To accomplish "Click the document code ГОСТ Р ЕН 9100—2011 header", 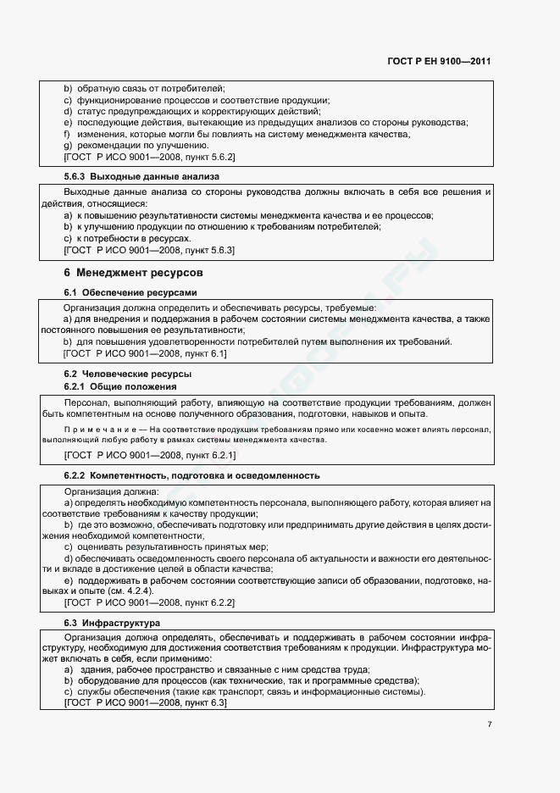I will [x=440, y=62].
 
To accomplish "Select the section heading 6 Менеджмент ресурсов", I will [x=133, y=273].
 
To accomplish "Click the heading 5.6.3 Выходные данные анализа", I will [x=141, y=177].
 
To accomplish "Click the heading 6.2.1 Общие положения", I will [x=120, y=386].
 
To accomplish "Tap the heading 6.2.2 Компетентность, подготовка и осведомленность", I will [x=191, y=476].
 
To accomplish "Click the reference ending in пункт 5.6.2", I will [x=149, y=158].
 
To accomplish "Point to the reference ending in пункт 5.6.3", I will [x=149, y=251].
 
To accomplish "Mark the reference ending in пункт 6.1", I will [x=145, y=353].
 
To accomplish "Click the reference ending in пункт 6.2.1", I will [x=149, y=455].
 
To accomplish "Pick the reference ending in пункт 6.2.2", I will [x=149, y=602].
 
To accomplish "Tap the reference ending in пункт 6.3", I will [x=145, y=703].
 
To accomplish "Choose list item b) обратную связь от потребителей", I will [x=144, y=88].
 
